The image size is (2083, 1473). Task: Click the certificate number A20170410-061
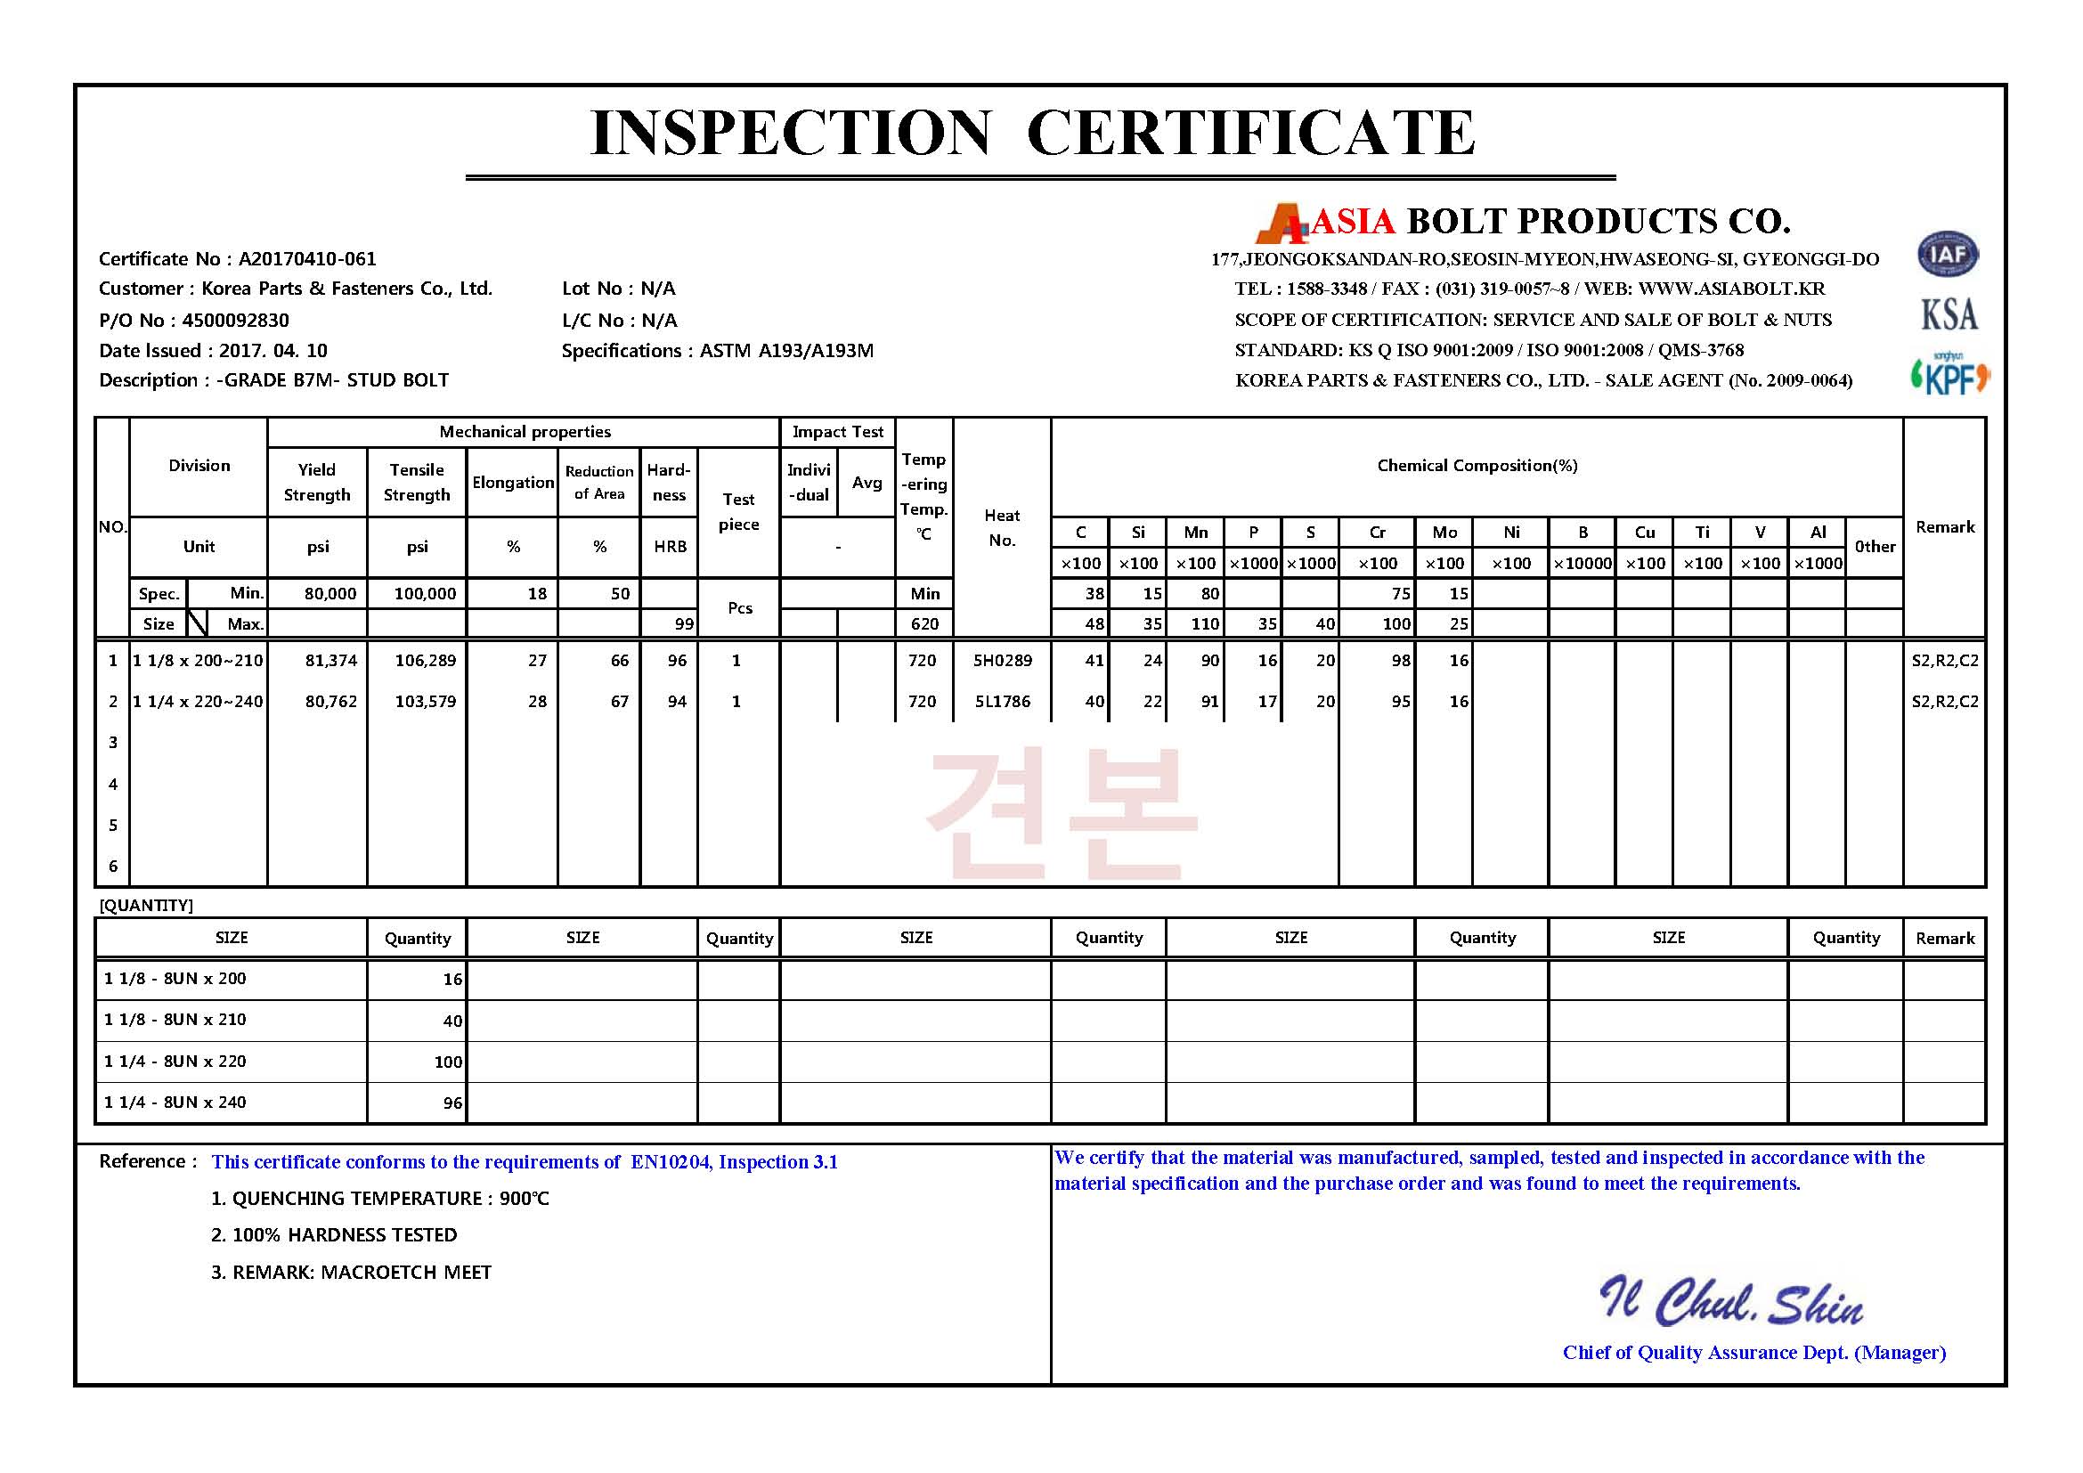click(x=306, y=259)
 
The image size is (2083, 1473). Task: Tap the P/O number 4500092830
click(x=235, y=321)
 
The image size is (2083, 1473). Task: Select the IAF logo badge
click(x=1947, y=255)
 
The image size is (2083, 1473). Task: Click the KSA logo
click(x=1949, y=314)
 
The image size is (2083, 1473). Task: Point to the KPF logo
click(x=1949, y=376)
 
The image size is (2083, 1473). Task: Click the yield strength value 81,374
click(x=331, y=661)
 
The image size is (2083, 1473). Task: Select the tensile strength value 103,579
click(x=425, y=702)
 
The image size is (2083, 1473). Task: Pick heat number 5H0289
click(x=1003, y=661)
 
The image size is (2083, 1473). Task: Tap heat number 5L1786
click(x=1003, y=702)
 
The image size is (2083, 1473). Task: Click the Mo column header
click(x=1444, y=533)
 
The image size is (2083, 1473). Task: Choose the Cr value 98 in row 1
click(x=1401, y=661)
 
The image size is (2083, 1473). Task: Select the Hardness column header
click(x=669, y=483)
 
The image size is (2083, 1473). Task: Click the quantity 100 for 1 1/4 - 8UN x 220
click(x=448, y=1062)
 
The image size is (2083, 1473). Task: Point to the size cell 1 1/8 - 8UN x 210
click(x=175, y=1020)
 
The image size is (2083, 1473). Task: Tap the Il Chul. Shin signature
click(x=1730, y=1303)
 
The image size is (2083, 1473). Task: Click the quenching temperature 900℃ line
click(x=380, y=1199)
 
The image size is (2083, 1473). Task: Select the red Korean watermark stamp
click(x=1062, y=814)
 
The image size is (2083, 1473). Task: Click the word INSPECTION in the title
click(x=789, y=133)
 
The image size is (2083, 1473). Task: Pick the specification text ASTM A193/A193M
click(x=786, y=351)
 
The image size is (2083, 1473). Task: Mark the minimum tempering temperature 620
click(x=924, y=624)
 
